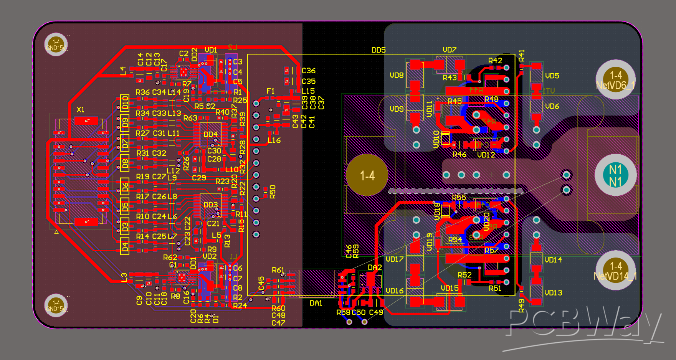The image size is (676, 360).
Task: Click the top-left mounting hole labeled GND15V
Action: tap(56, 45)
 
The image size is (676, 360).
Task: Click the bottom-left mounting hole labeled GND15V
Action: tap(56, 306)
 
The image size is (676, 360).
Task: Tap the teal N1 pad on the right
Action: tap(615, 175)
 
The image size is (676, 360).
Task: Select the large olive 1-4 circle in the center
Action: tap(367, 175)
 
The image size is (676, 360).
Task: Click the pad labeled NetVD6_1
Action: tap(615, 79)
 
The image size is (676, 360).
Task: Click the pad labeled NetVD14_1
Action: tap(615, 270)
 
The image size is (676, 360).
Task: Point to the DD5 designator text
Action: tap(378, 50)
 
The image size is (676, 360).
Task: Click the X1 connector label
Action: tap(80, 110)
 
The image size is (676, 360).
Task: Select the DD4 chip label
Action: tap(210, 134)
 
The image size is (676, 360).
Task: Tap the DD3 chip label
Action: tap(210, 205)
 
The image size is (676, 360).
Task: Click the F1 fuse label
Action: tap(271, 91)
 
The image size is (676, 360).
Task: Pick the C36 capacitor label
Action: tap(308, 71)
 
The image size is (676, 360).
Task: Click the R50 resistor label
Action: tap(273, 192)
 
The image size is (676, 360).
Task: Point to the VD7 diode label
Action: tap(449, 50)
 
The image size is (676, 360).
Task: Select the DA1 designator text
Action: tap(316, 303)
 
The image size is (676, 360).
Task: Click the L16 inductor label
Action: tap(274, 140)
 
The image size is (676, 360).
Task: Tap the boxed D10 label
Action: tap(125, 103)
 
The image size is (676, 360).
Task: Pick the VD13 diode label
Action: tap(553, 293)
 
